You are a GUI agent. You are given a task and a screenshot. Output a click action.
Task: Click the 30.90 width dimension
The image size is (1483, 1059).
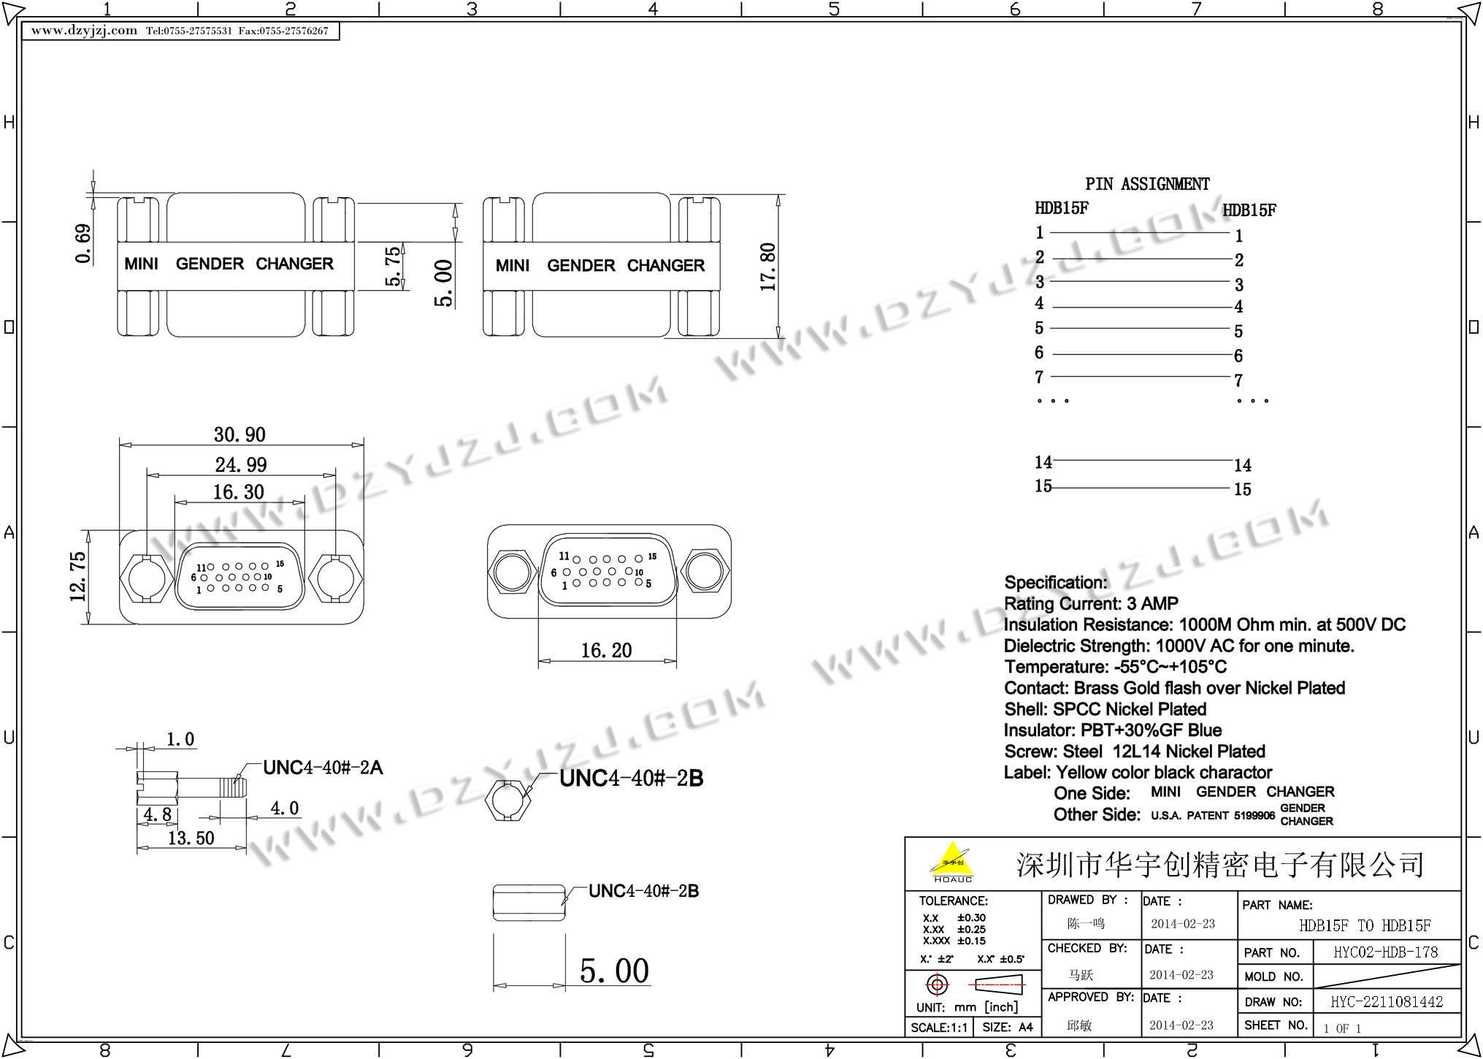[x=239, y=435]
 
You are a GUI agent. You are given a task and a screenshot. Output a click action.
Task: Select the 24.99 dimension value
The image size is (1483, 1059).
[x=241, y=464]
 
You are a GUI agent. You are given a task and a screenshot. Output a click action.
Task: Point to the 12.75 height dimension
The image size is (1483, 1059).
[x=78, y=577]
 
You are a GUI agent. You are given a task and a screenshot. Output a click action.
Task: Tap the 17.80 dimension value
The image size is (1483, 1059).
[x=767, y=267]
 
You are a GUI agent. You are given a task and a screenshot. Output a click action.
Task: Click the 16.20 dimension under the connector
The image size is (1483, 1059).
[x=606, y=650]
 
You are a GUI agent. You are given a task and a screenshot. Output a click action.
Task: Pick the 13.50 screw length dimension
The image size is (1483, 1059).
[x=191, y=838]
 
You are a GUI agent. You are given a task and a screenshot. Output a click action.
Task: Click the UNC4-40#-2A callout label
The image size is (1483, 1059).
[x=323, y=768]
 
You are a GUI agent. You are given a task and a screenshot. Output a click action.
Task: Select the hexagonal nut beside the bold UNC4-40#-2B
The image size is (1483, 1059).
[x=508, y=799]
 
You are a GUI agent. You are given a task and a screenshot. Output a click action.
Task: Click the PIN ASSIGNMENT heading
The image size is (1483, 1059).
[x=1147, y=184]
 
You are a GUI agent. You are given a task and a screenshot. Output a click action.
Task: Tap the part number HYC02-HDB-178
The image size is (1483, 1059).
[x=1385, y=952]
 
